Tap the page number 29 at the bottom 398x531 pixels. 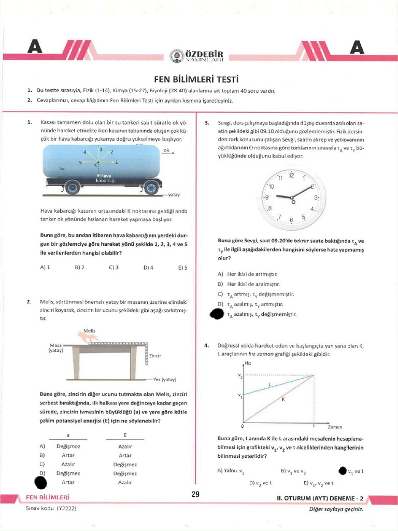[x=195, y=494]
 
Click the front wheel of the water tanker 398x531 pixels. [x=151, y=187]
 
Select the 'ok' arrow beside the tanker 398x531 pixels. [x=168, y=151]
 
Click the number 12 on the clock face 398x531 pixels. [x=291, y=176]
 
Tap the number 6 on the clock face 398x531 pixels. [x=291, y=220]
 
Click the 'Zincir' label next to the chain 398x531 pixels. [x=155, y=356]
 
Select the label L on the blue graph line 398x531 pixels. [x=269, y=384]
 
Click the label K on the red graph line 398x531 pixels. [x=283, y=399]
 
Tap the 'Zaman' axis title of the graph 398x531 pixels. [x=335, y=427]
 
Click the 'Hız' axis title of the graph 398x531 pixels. [x=247, y=364]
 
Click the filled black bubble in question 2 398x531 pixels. [x=40, y=482]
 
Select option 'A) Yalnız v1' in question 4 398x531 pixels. [x=231, y=471]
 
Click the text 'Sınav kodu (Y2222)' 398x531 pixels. [x=51, y=509]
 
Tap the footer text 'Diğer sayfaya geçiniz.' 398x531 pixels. [x=336, y=509]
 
